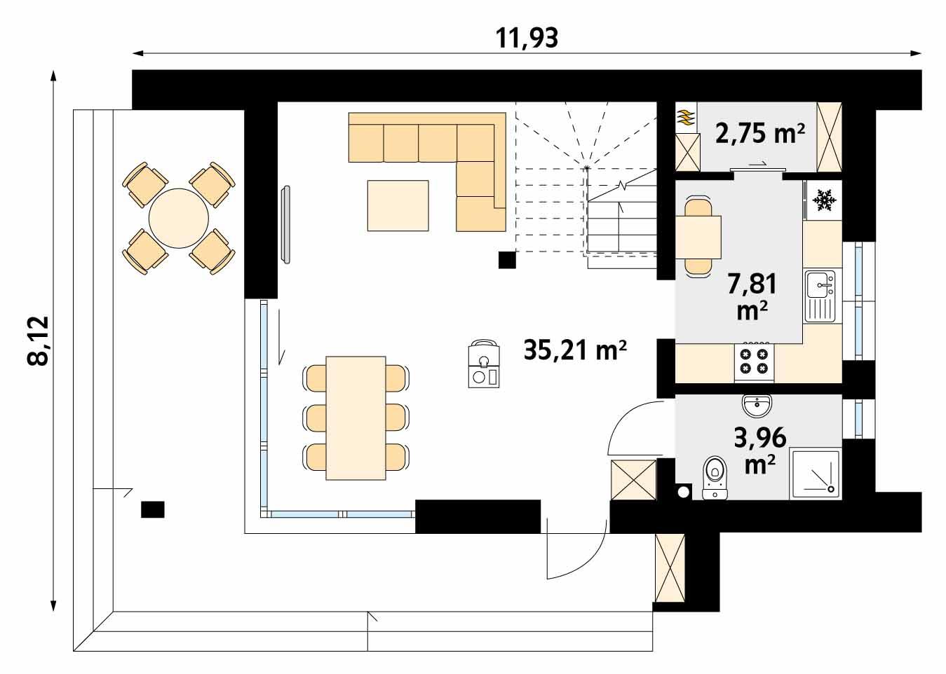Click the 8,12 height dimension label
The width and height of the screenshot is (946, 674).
38,341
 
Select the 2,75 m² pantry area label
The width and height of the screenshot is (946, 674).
759,132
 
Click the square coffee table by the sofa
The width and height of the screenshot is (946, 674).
398,205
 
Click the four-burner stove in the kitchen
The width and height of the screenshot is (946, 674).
754,362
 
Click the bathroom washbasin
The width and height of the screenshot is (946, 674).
757,405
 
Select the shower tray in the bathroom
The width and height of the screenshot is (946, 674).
816,474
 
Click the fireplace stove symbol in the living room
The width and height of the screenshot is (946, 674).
483,364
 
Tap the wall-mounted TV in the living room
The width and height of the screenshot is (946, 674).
286,224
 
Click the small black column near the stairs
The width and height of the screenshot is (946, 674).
506,260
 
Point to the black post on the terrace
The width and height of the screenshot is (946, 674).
152,509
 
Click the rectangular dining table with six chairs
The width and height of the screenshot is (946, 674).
356,418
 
